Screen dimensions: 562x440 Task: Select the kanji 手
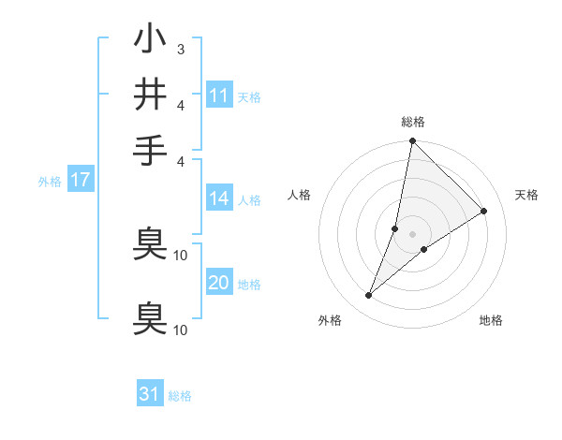pos(150,150)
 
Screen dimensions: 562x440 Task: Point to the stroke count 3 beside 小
pos(180,49)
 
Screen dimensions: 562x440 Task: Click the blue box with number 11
pos(219,95)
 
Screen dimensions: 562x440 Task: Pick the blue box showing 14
pos(219,198)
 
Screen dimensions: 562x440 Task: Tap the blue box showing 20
pos(219,283)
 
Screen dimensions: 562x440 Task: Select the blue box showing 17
pos(81,180)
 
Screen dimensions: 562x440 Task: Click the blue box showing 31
pos(150,394)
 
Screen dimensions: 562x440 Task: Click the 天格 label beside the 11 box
pos(249,96)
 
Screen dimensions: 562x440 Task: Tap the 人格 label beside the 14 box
pos(249,199)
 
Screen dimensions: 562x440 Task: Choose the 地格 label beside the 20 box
pos(249,284)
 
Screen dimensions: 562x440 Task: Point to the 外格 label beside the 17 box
pos(50,181)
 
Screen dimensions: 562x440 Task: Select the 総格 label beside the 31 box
pos(180,395)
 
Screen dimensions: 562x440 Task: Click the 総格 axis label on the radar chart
pos(412,122)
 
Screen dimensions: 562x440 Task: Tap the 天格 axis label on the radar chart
pos(526,195)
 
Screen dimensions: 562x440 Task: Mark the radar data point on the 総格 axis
pos(412,141)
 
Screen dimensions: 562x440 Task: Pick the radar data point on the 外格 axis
pos(369,296)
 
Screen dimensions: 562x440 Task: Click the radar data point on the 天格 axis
pos(484,212)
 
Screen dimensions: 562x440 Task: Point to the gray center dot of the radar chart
pos(412,233)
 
